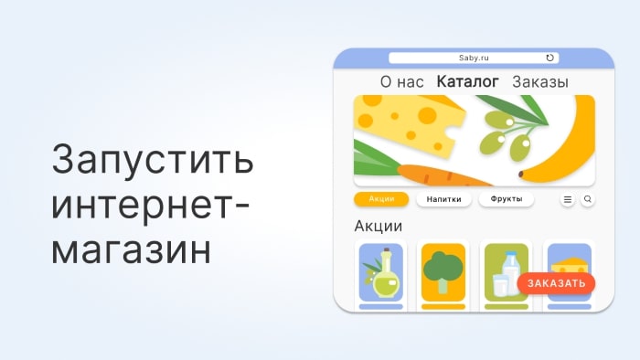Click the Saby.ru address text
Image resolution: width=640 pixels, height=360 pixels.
click(474, 58)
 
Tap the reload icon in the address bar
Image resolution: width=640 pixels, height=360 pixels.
click(549, 58)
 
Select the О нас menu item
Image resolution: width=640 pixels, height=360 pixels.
click(402, 82)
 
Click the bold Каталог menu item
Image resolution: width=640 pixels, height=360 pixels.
click(468, 81)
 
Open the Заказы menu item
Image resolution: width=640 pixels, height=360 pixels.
click(540, 82)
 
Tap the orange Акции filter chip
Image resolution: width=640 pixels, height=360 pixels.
click(381, 199)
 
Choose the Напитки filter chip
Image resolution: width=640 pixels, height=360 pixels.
click(444, 199)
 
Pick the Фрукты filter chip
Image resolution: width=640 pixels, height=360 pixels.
click(507, 199)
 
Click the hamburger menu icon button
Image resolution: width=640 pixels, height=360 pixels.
click(568, 199)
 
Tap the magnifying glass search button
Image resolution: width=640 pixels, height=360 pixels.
click(588, 199)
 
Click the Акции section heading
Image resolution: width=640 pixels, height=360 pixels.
click(378, 226)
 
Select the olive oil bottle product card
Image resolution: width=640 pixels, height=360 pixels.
click(381, 276)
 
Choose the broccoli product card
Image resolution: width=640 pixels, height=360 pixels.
click(443, 276)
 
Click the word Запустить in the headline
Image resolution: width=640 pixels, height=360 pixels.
click(153, 159)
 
